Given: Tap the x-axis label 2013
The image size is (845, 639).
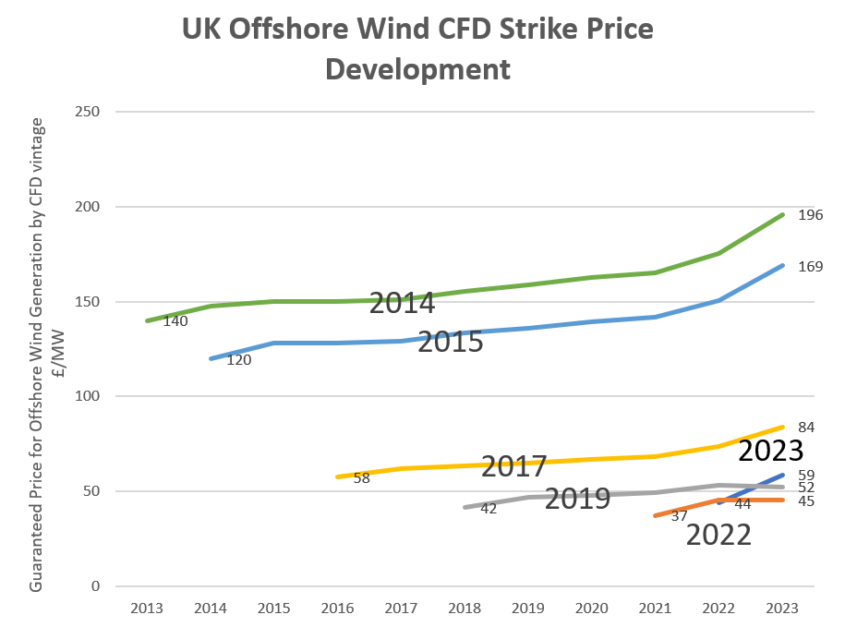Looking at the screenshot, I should pos(147,609).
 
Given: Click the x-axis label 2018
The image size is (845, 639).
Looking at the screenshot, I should pos(465,609).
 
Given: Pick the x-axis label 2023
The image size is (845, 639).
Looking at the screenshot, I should pos(782,609).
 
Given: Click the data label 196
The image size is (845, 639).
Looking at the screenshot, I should pos(810,215).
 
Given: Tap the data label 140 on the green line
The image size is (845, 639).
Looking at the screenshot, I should pos(176,321).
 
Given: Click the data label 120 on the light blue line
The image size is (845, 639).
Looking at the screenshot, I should pos(239,359).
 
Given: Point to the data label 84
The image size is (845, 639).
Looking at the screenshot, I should pos(805,427).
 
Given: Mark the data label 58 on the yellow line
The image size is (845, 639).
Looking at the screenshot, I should pos(362,477).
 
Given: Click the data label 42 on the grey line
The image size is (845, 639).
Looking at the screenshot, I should pos(489,508).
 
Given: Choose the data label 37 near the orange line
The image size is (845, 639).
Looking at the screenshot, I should pos(679,516).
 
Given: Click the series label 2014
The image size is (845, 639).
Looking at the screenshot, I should pos(402,302).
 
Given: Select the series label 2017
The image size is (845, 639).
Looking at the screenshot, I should pos(513,466).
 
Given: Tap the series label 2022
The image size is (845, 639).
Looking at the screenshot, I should pos(718,535).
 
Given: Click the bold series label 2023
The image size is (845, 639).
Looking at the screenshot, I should pos(771,451).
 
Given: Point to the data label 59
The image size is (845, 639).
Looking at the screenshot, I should pos(805,476).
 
